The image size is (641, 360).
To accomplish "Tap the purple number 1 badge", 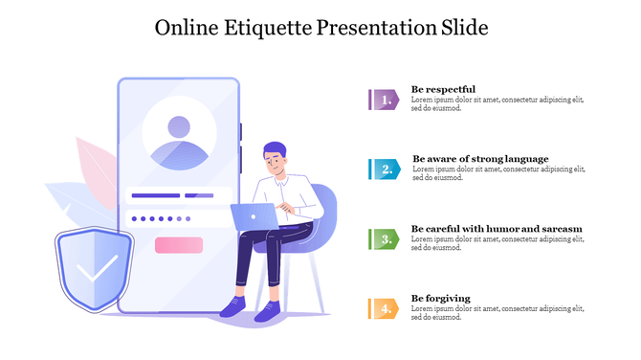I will [384, 99].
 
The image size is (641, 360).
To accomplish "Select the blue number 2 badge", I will [385, 169].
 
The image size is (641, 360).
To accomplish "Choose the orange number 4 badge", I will [384, 308].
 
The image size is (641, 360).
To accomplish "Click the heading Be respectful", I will [443, 89].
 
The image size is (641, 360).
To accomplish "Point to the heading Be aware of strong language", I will [480, 159].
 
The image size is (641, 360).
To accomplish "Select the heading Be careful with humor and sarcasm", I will [497, 229].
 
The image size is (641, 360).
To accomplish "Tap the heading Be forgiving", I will [441, 298].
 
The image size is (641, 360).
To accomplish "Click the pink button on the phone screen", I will [179, 245].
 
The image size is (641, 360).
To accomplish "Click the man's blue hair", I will [275, 149].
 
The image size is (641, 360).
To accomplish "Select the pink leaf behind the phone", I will [95, 168].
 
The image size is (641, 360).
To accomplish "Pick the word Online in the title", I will [188, 28].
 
